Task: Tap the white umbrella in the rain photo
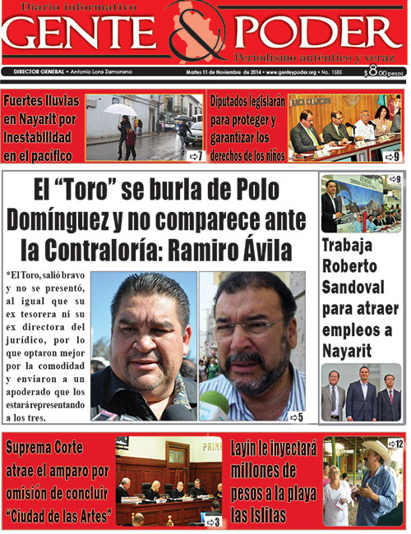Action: click(x=121, y=109)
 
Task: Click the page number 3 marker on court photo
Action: click(x=213, y=521)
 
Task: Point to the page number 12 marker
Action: click(x=395, y=444)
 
